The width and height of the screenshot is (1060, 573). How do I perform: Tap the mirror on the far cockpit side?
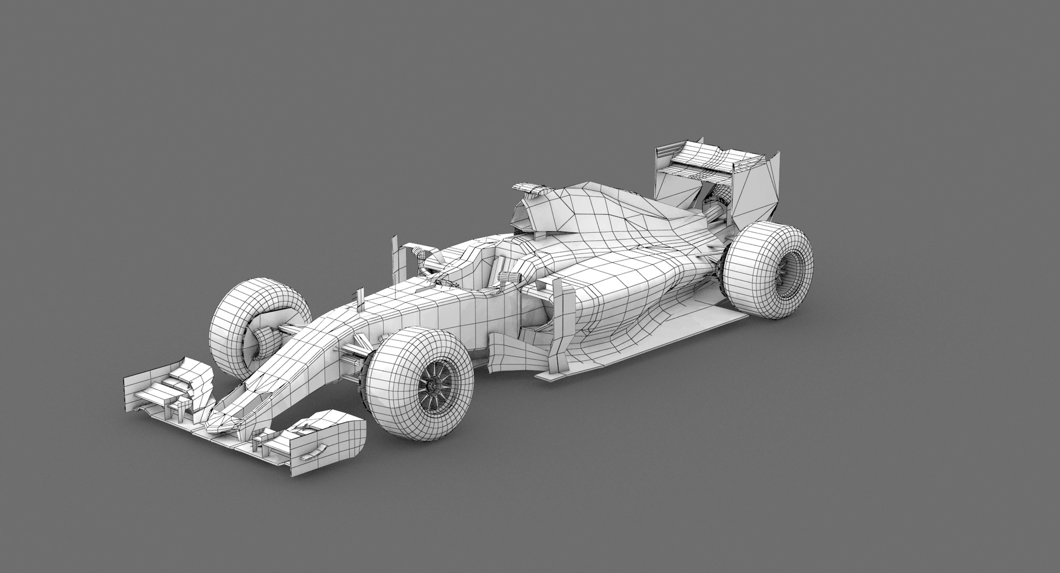pyautogui.click(x=420, y=254)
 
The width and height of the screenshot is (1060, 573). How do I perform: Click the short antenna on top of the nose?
pyautogui.click(x=362, y=298)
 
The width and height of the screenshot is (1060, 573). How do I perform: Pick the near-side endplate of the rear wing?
pyautogui.click(x=765, y=188)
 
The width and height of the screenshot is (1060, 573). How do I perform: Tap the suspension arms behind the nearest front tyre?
pyautogui.click(x=353, y=353)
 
